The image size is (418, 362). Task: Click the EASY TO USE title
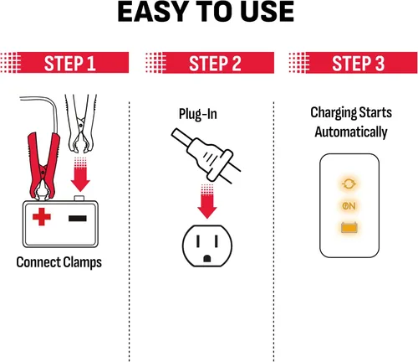(x=206, y=12)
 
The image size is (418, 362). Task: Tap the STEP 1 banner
(x=64, y=63)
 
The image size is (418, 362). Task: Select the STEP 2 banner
(x=210, y=63)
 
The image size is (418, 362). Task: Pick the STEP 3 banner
(x=354, y=63)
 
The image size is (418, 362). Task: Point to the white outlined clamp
(x=81, y=123)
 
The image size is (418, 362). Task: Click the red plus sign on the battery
(x=42, y=216)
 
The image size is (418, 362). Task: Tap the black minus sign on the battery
(x=78, y=218)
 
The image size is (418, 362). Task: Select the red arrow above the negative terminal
(x=80, y=174)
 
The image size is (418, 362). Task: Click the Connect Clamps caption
(x=59, y=262)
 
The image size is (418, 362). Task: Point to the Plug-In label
(x=198, y=114)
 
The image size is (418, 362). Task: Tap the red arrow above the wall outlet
(x=207, y=202)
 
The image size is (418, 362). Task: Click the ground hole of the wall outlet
(x=207, y=258)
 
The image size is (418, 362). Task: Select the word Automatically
(x=351, y=132)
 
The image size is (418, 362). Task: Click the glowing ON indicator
(x=349, y=206)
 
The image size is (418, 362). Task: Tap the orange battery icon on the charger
(x=349, y=227)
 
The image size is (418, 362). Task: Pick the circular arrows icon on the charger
(x=349, y=184)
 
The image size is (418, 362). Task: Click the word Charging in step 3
(x=334, y=113)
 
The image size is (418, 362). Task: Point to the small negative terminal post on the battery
(x=79, y=199)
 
